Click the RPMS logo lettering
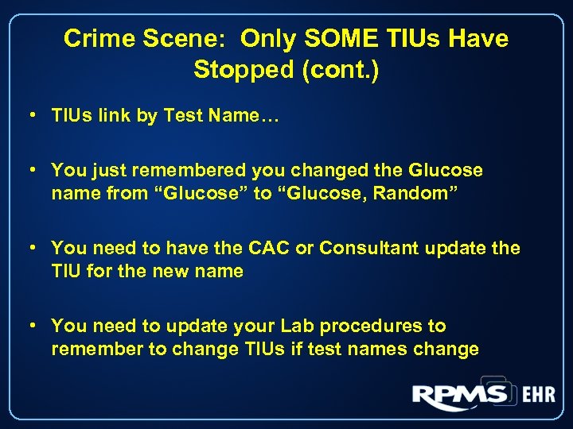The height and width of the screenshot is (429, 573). point(460,394)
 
